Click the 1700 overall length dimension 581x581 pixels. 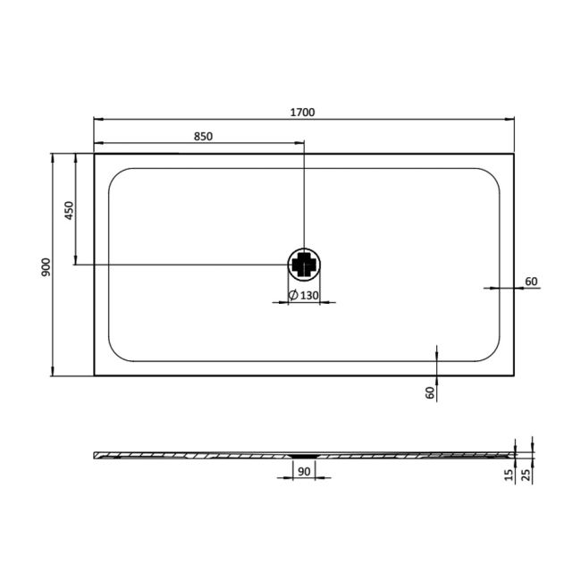coord(302,112)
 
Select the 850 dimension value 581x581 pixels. coord(204,137)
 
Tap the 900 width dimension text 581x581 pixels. coord(46,267)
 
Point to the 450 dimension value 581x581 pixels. coord(70,210)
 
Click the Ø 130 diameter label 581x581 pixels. coord(304,295)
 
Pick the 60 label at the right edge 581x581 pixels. coord(531,282)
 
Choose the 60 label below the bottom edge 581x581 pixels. coord(430,392)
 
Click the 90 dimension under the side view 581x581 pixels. coord(304,471)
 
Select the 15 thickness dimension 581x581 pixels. coord(509,475)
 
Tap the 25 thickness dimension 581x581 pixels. coord(526,475)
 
